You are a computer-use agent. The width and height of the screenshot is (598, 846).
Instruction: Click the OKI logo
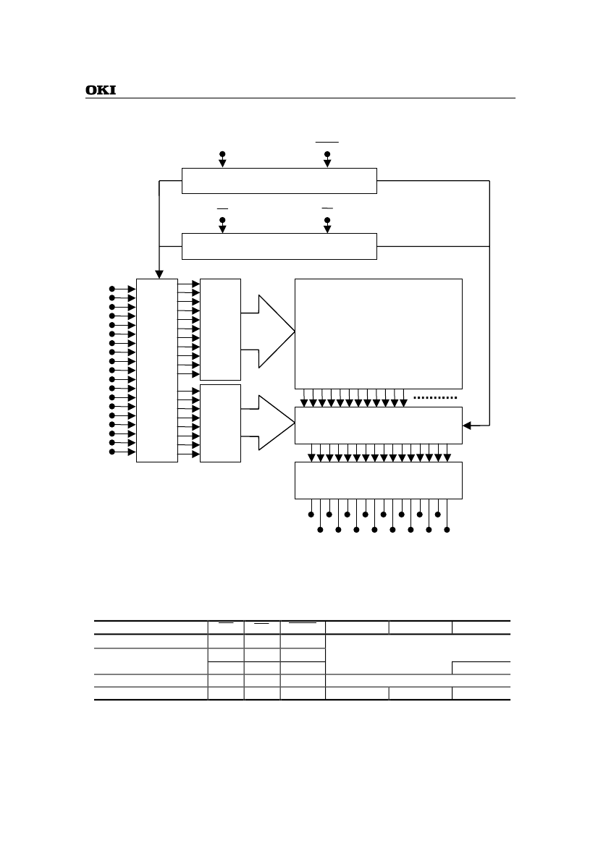[101, 90]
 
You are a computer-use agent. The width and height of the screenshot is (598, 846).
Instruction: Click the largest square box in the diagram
[378, 334]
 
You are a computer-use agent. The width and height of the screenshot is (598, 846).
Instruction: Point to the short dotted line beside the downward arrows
[436, 397]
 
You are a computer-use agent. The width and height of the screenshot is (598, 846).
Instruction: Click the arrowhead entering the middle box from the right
[467, 426]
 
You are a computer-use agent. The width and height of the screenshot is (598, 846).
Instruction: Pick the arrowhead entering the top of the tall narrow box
[157, 274]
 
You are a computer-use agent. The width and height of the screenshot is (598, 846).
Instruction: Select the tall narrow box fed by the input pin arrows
[157, 370]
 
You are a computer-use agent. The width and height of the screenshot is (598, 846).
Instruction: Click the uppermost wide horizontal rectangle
[279, 181]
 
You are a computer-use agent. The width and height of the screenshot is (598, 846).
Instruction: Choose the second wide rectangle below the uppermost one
[279, 246]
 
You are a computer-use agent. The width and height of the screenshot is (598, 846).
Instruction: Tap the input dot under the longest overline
[327, 154]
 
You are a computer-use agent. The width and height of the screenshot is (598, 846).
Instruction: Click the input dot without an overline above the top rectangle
[222, 154]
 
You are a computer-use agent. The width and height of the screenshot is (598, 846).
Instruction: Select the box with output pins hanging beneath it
[378, 480]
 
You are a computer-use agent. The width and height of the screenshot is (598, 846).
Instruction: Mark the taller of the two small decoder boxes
[220, 329]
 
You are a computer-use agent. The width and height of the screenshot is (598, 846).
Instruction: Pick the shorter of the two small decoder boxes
[220, 423]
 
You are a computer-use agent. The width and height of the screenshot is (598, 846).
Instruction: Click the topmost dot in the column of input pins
[111, 289]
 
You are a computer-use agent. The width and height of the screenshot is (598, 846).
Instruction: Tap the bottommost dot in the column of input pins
[111, 452]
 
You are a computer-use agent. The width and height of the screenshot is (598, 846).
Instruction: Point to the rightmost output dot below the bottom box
[447, 530]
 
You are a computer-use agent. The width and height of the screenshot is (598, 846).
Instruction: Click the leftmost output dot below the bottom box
[311, 515]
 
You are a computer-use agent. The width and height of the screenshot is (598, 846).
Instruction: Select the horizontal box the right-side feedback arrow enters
[378, 426]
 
